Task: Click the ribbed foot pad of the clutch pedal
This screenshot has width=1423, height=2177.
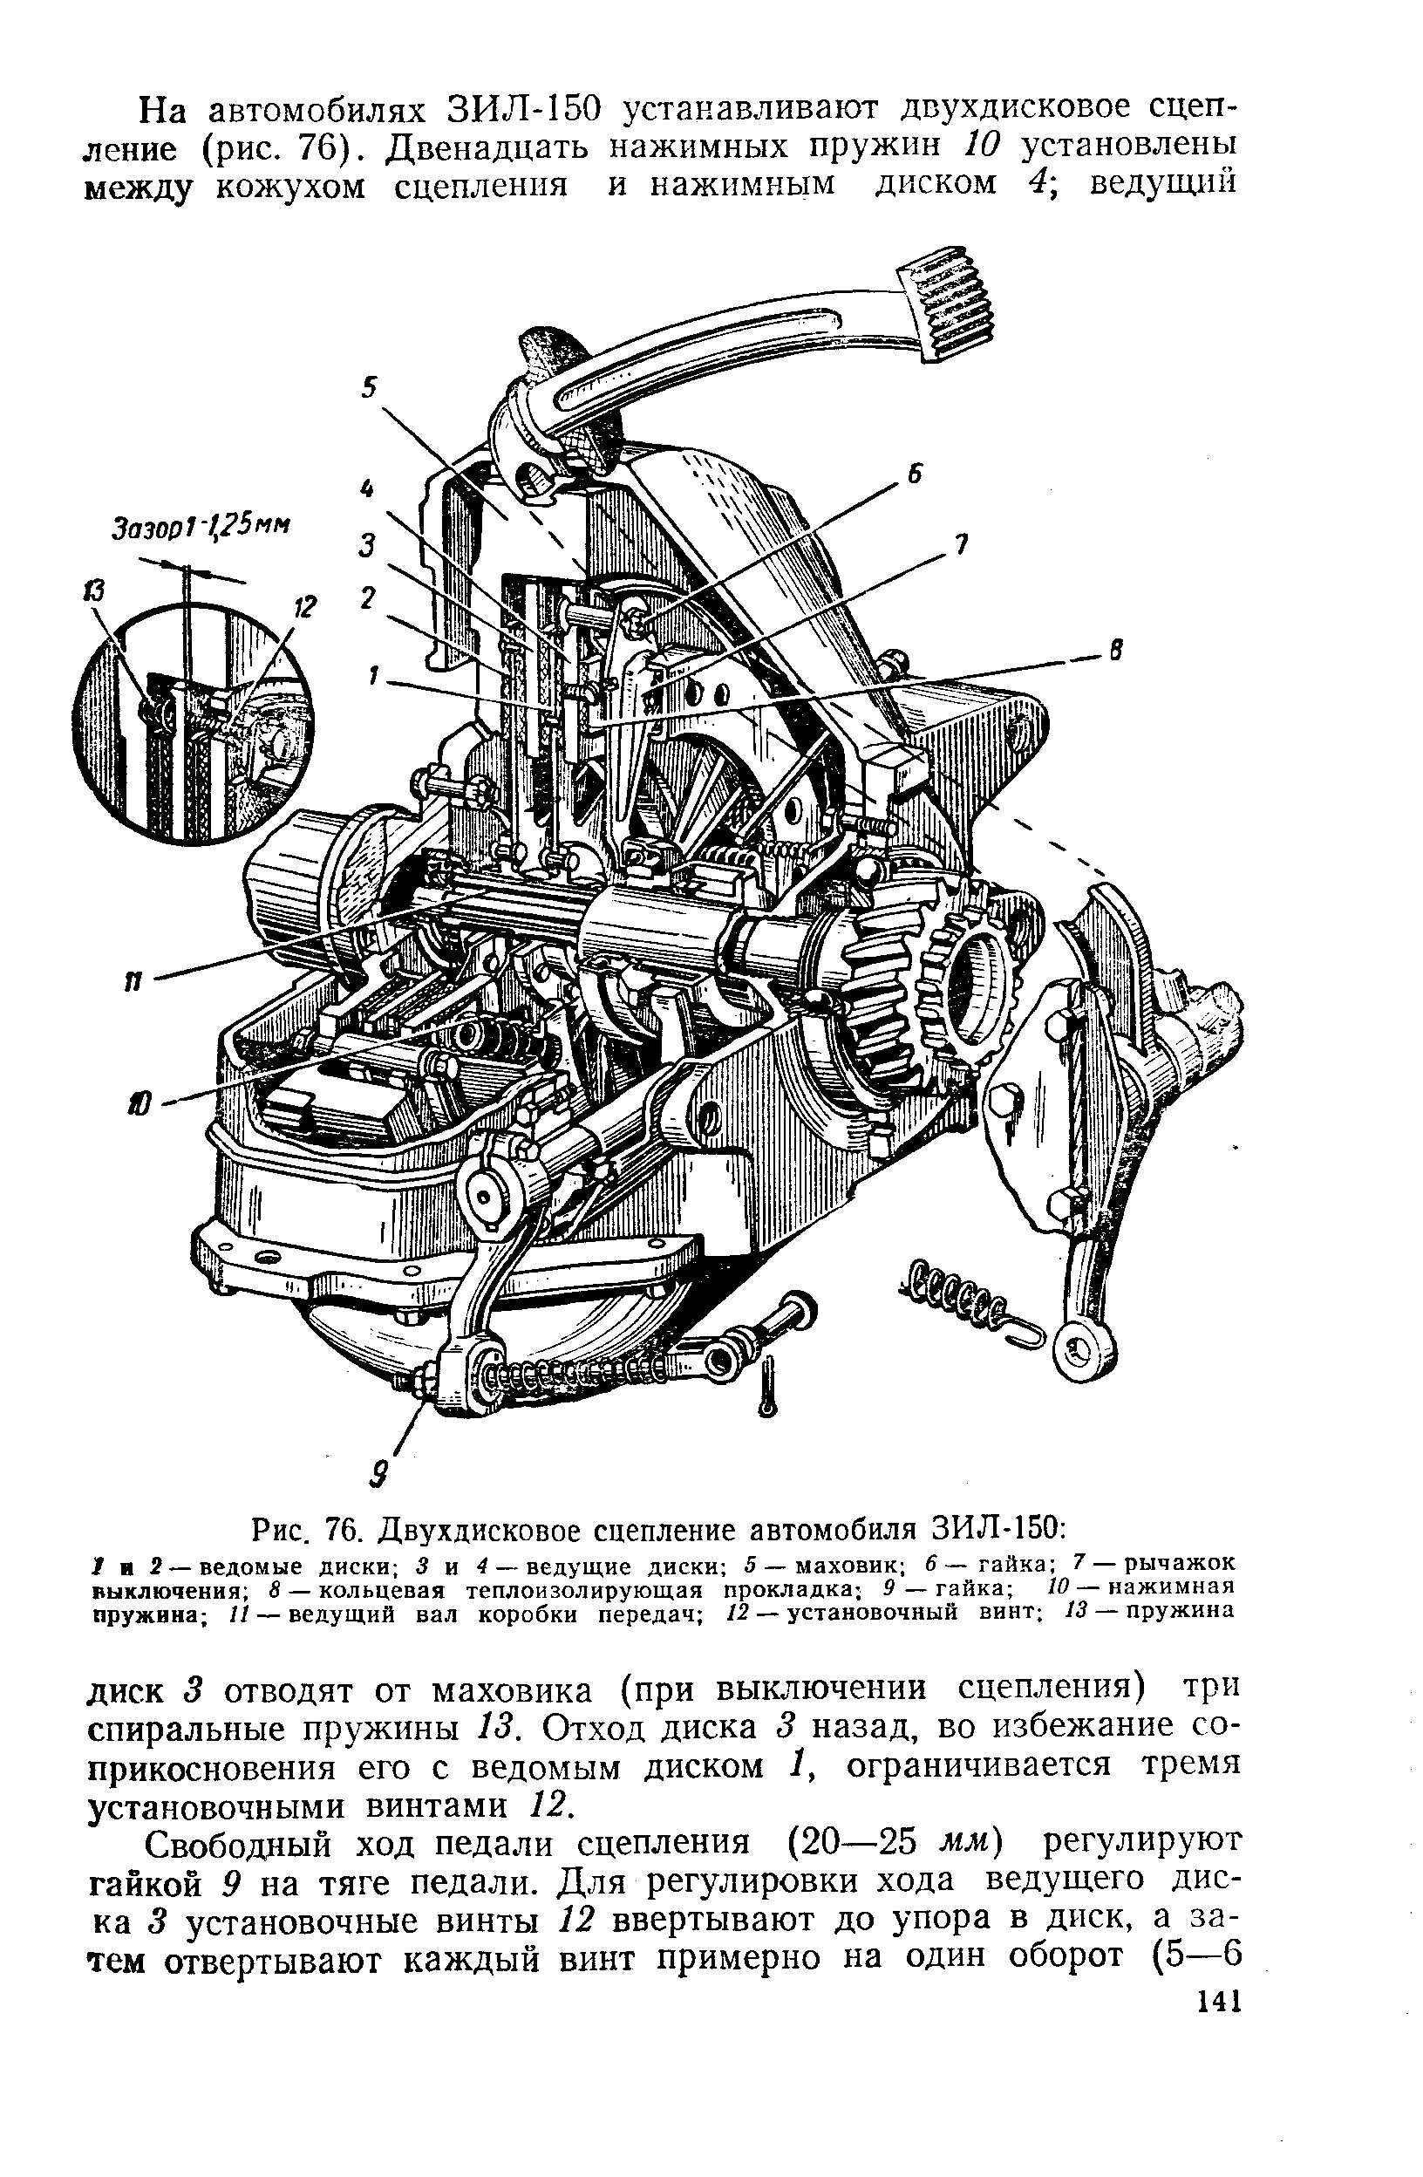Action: click(x=946, y=304)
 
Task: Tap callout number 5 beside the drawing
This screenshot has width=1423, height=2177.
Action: click(x=369, y=387)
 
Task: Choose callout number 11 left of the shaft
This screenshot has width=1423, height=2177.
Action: click(x=133, y=981)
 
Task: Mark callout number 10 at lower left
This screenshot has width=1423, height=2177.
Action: click(x=138, y=1106)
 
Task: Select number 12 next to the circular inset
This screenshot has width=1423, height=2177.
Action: click(x=303, y=606)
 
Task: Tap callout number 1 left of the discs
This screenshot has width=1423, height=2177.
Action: click(x=372, y=676)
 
